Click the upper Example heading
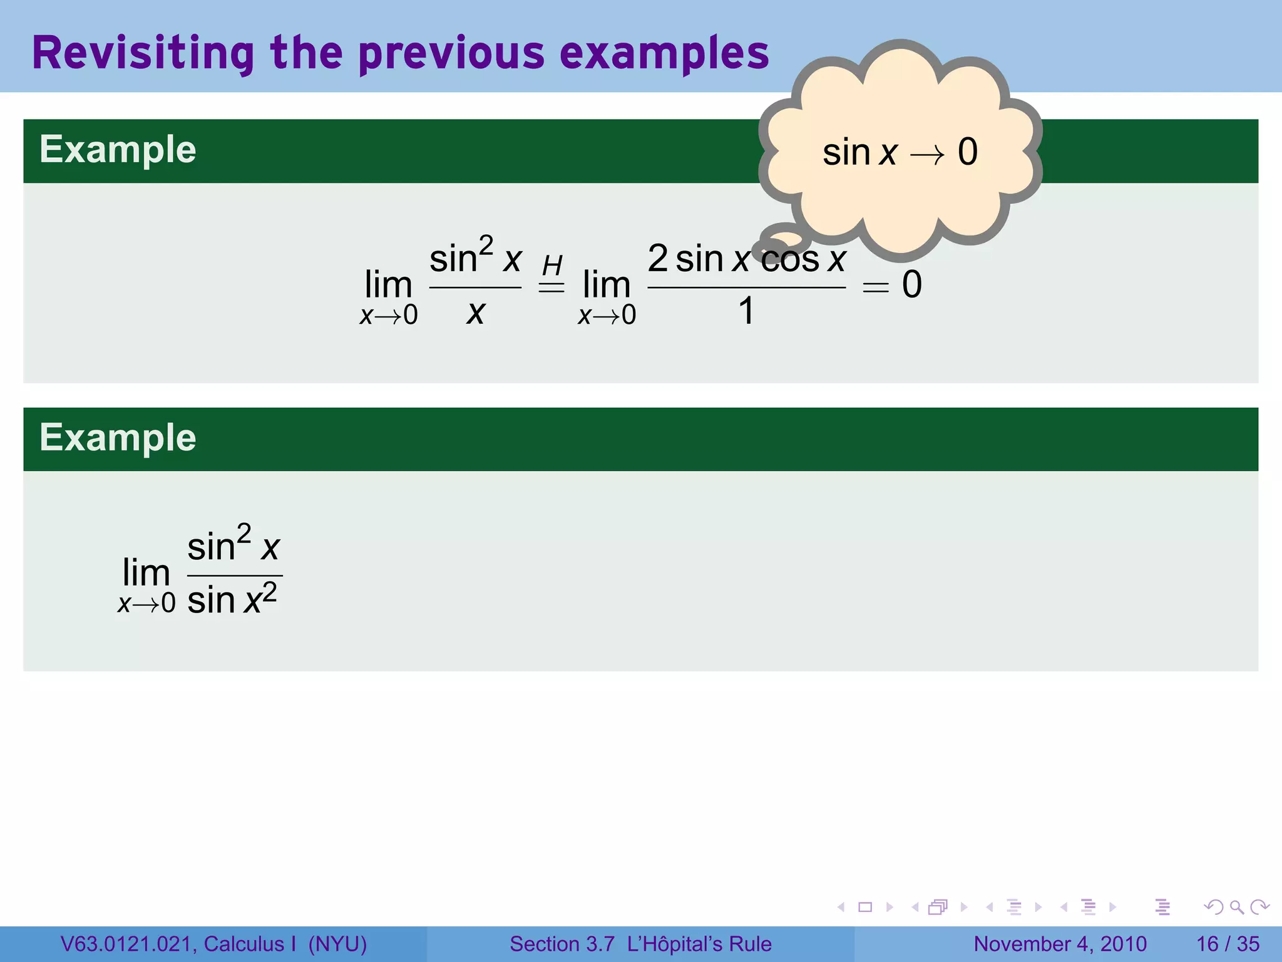[118, 150]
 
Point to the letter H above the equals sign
[552, 266]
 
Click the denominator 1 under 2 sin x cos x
[746, 311]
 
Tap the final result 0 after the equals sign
[911, 284]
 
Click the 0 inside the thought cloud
[968, 152]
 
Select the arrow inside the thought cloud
[927, 154]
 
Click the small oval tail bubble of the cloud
[782, 239]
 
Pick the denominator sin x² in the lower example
[232, 599]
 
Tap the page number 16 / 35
[1228, 944]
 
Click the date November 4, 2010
[1060, 944]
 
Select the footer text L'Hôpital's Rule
[699, 944]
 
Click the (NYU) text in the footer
[337, 944]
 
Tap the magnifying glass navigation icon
[1236, 907]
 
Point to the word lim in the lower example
[146, 572]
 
